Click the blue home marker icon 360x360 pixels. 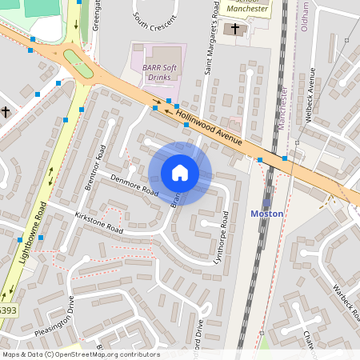point(180,173)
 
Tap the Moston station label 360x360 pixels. point(266,214)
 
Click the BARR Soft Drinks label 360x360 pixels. point(158,73)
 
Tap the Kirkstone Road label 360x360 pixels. point(99,223)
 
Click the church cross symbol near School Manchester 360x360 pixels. point(234,30)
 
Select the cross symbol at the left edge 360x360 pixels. point(5,111)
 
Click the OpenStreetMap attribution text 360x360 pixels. point(80,354)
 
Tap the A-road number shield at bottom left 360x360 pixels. point(6,310)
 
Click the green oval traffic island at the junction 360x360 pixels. point(78,62)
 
